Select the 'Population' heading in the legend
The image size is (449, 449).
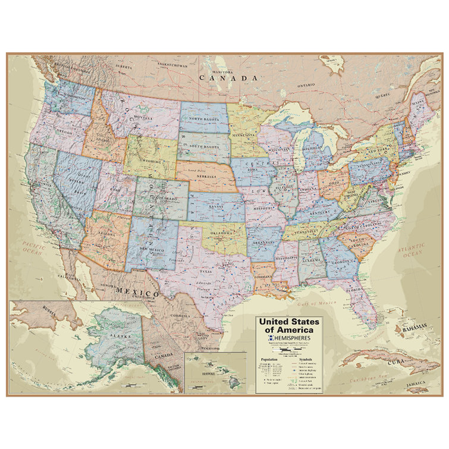coord(268,360)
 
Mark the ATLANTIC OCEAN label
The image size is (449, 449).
coord(412,250)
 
